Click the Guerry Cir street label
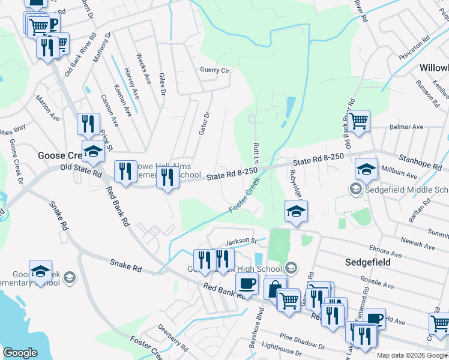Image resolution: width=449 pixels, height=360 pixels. pyautogui.click(x=215, y=70)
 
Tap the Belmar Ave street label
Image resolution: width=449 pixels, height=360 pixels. pyautogui.click(x=407, y=127)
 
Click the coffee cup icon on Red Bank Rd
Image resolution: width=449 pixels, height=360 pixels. pyautogui.click(x=246, y=283)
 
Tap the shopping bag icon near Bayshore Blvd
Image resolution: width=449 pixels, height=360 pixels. pyautogui.click(x=274, y=288)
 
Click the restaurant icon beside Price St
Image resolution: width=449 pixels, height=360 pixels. pyautogui.click(x=88, y=124)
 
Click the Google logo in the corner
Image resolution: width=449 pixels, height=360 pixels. pyautogui.click(x=20, y=352)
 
